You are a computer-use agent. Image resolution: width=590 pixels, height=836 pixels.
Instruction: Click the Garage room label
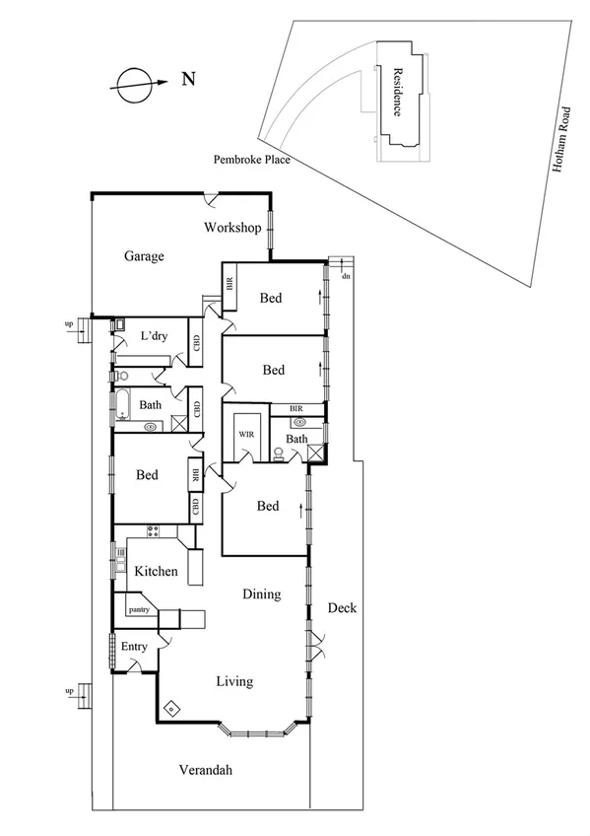click(144, 256)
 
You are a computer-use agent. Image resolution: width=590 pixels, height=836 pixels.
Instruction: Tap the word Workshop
click(231, 228)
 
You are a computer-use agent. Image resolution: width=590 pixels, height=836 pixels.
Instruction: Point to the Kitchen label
click(156, 571)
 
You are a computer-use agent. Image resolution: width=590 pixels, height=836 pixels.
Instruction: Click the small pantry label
click(139, 610)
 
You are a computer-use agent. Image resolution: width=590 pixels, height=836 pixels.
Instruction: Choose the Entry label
click(134, 647)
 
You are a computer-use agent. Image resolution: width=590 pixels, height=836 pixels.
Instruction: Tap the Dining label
click(262, 594)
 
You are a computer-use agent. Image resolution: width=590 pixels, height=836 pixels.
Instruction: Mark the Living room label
click(234, 681)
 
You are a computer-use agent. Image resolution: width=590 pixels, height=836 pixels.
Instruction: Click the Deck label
click(342, 608)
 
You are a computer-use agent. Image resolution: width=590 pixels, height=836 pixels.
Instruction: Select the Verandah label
click(206, 770)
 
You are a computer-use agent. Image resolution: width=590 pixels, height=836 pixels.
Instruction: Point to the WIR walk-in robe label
click(243, 431)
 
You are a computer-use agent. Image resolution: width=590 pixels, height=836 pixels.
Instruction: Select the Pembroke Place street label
click(251, 159)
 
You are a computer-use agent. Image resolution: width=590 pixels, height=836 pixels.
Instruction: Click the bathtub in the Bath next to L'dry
click(125, 403)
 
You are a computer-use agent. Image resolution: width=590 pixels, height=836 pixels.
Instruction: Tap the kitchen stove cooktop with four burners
click(153, 531)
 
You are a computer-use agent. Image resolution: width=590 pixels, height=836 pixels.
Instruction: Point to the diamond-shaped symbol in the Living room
click(171, 708)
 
